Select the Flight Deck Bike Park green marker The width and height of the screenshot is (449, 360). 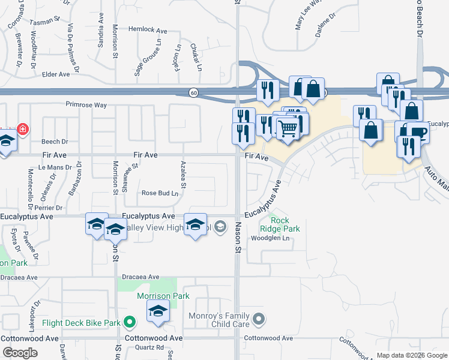pos(128,323)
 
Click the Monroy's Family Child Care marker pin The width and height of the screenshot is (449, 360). pos(258,318)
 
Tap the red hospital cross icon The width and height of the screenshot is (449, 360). pos(23,129)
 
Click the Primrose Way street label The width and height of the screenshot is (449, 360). pos(86,105)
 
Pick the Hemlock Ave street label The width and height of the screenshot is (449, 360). pos(147,30)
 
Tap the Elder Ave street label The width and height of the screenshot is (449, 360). pos(57,75)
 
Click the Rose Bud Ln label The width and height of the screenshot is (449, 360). pos(160,193)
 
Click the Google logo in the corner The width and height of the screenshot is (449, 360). pos(19,352)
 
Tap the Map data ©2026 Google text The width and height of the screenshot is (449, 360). pos(411,355)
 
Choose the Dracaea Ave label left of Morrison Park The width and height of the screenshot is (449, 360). pos(140,277)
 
